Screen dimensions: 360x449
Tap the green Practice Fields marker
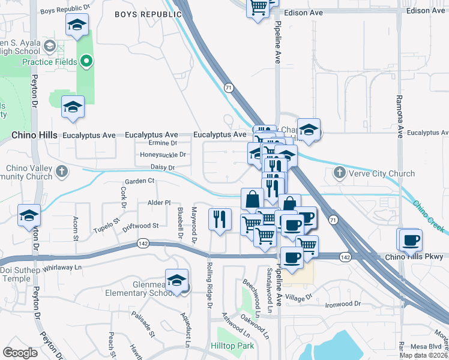tap(86, 61)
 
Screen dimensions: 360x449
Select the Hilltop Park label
tap(232, 346)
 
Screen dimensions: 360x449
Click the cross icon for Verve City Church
tap(339, 173)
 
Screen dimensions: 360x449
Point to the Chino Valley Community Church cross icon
tap(61, 173)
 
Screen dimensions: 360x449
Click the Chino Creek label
tap(427, 217)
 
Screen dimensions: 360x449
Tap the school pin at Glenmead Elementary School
tap(177, 280)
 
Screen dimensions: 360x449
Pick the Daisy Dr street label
tap(162, 168)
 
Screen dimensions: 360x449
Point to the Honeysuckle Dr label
tap(163, 154)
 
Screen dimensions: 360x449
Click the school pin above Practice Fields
tap(76, 25)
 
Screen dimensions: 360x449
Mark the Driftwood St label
tap(140, 226)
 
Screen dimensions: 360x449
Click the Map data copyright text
tap(424, 355)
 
